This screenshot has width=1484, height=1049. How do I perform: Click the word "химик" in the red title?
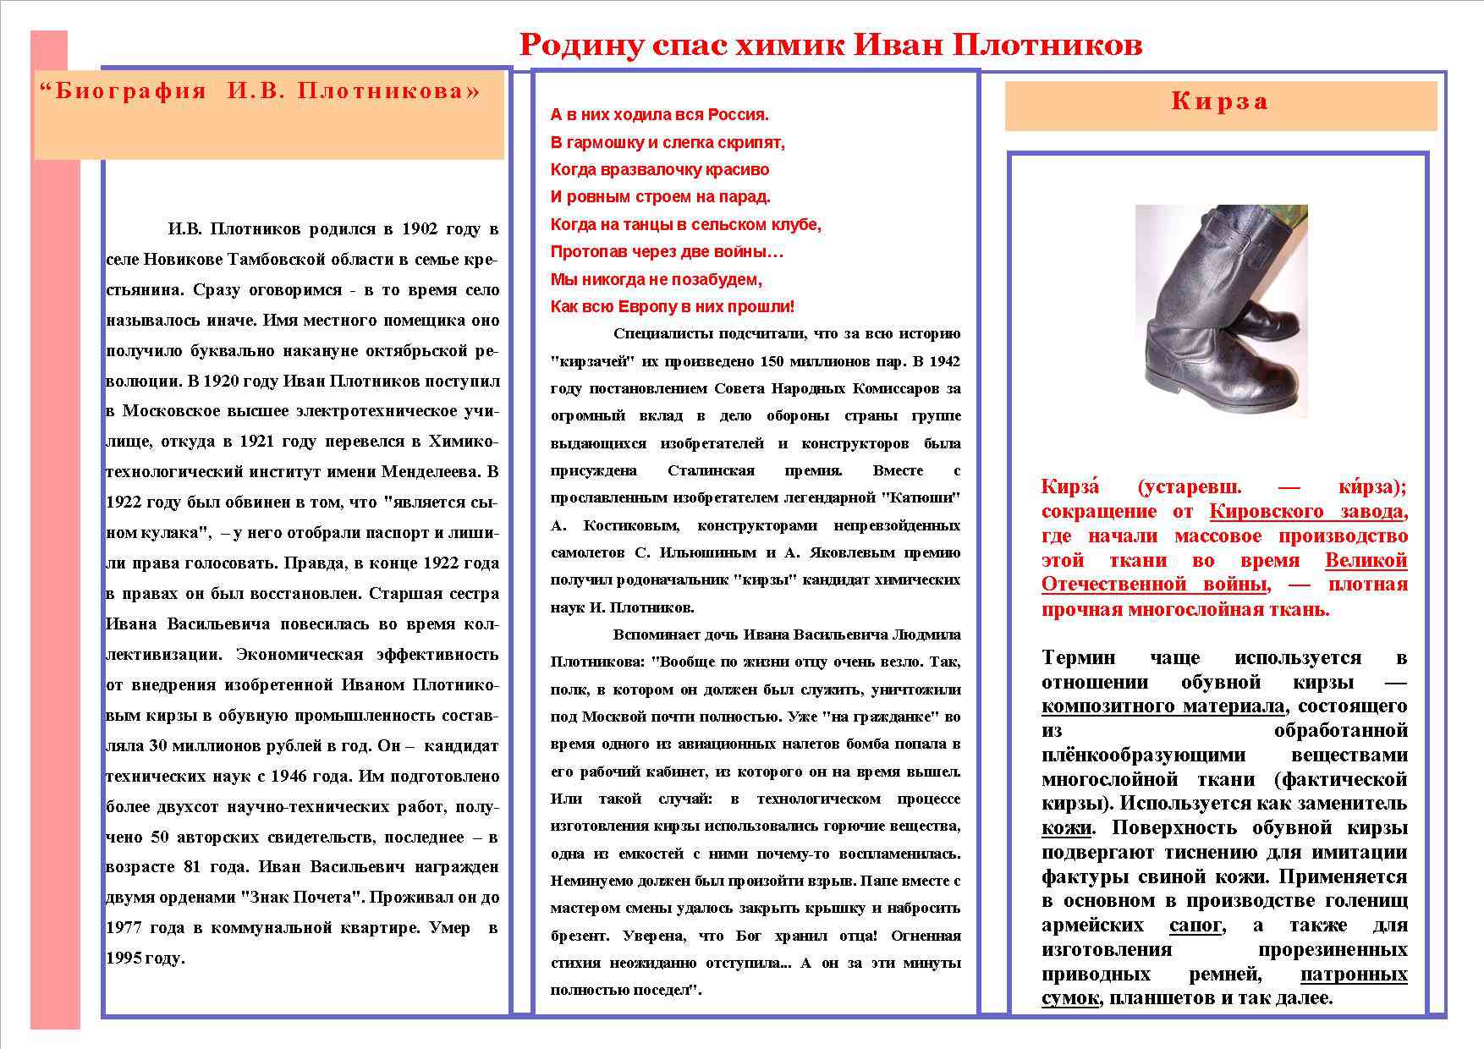click(x=789, y=45)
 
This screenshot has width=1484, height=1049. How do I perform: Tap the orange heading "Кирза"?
click(x=1219, y=102)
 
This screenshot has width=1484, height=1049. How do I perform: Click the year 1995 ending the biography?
click(x=124, y=958)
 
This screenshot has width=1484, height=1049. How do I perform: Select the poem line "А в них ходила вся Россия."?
click(x=659, y=114)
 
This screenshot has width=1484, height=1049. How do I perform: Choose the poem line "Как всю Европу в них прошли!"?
click(x=672, y=306)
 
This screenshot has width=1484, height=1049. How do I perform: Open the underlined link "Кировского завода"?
click(x=1307, y=512)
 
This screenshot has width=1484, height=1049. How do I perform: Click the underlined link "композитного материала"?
click(x=1163, y=706)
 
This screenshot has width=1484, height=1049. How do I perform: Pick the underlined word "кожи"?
click(x=1066, y=828)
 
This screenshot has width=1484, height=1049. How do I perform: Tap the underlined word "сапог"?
click(x=1195, y=925)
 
